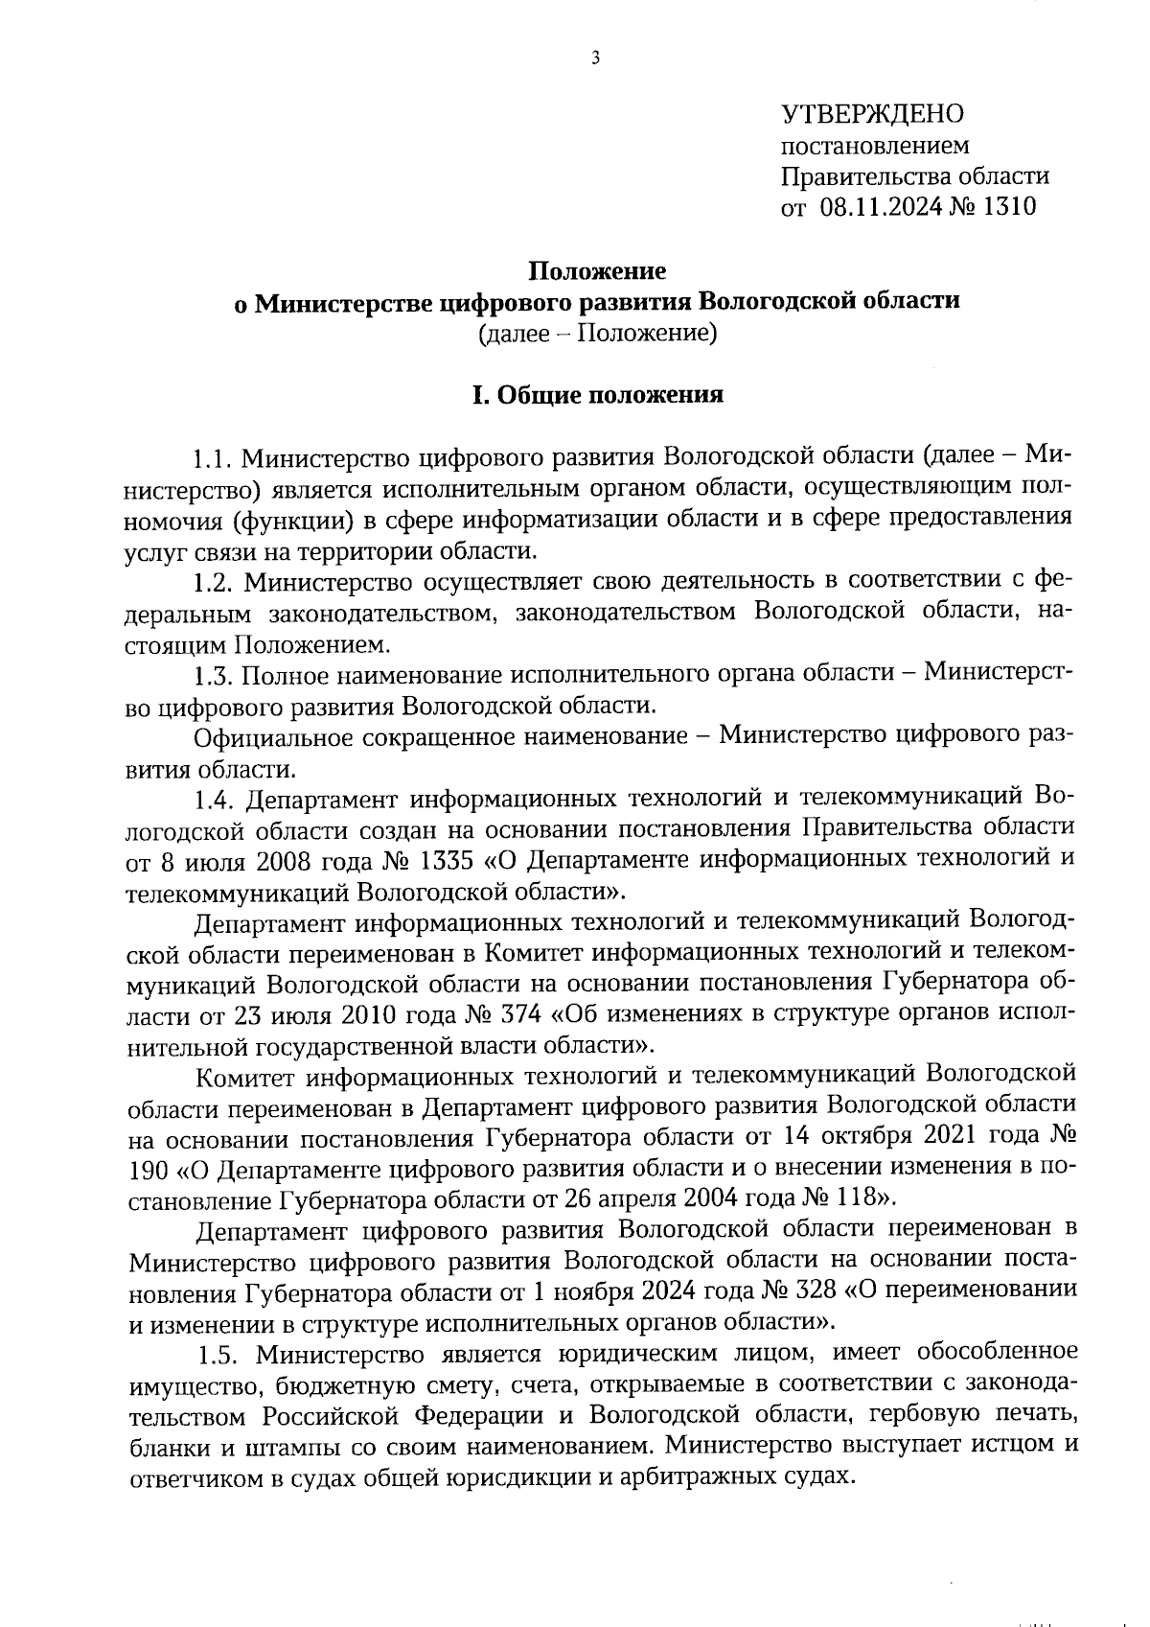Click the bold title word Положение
(x=599, y=271)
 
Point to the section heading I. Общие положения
(x=598, y=395)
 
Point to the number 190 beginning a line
(x=150, y=1169)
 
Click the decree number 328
(x=816, y=1291)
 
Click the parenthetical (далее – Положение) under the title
(x=598, y=334)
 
